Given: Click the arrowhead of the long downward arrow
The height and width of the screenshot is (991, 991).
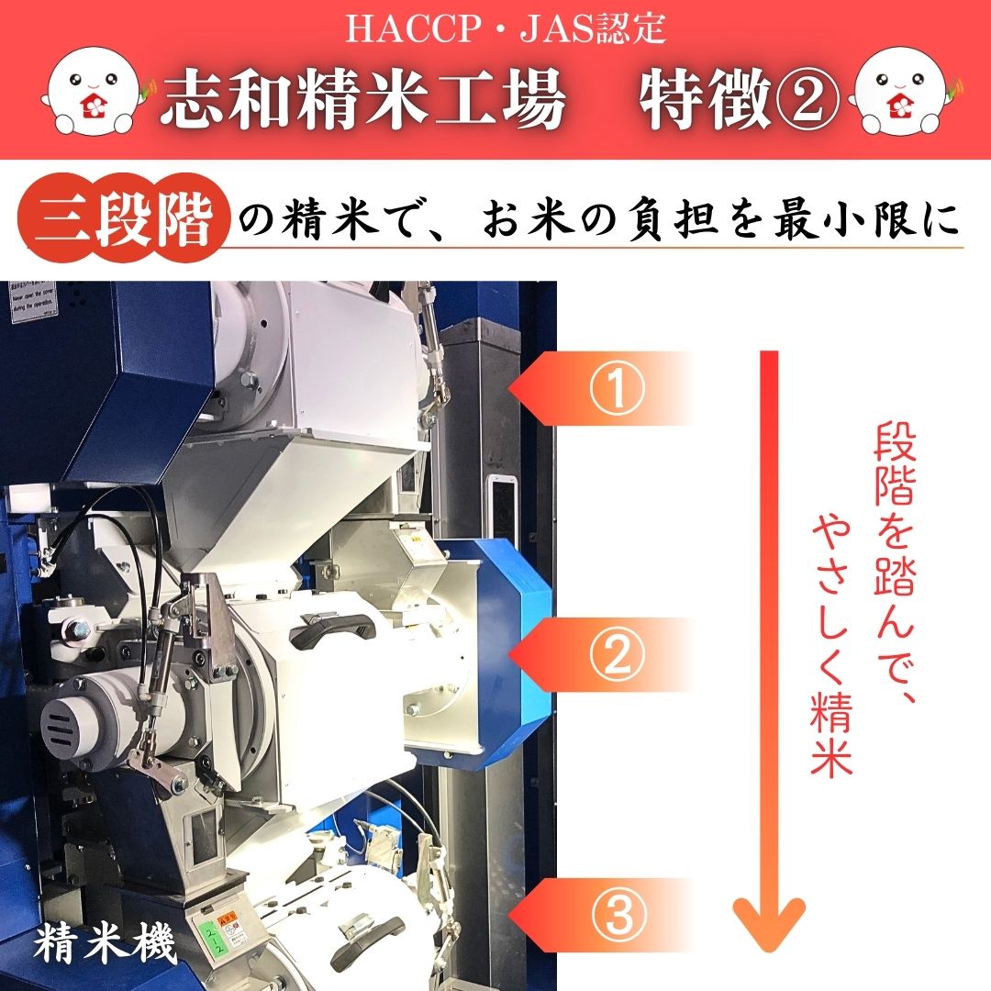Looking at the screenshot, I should (x=769, y=927).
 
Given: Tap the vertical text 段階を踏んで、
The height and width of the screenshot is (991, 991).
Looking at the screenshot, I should (x=891, y=569).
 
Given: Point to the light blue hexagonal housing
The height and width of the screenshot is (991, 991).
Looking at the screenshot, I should (x=495, y=651).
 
